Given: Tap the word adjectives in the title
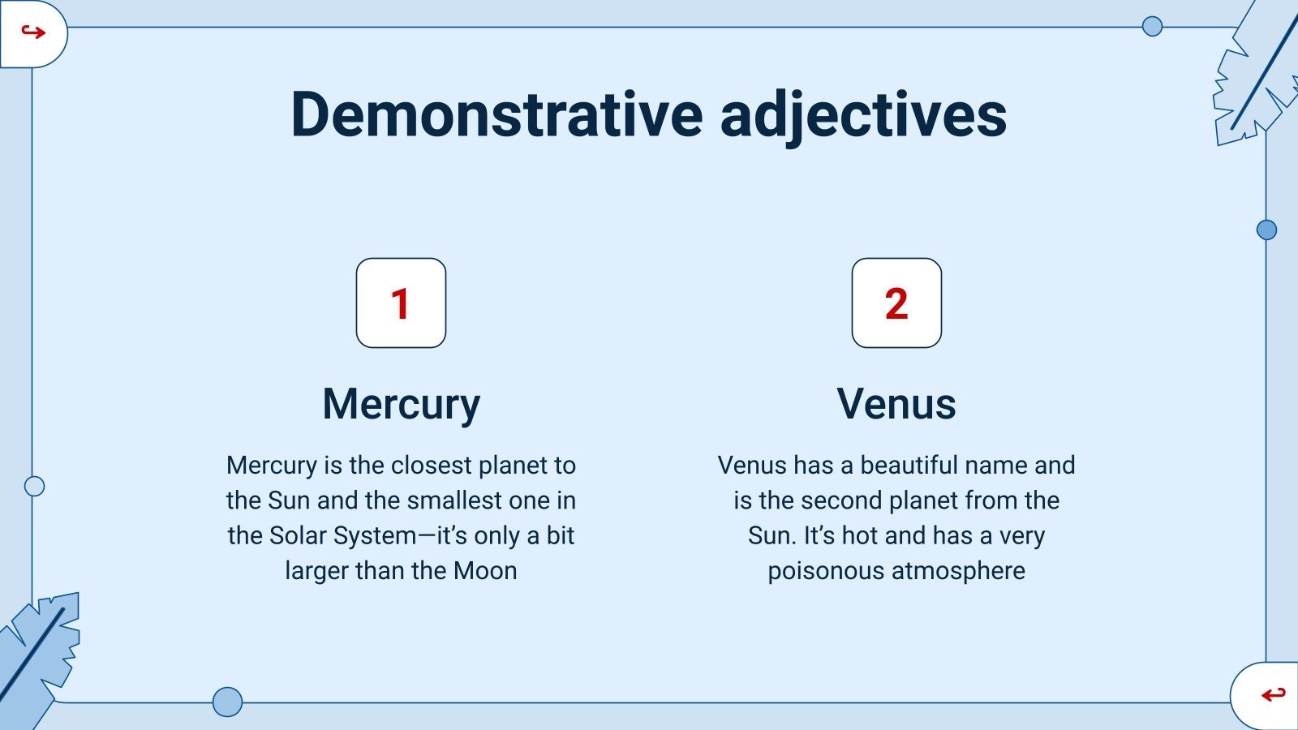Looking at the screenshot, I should [x=863, y=114].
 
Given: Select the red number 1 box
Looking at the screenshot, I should [x=401, y=303].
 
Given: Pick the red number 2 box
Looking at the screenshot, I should [x=896, y=303].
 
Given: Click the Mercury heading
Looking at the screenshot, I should [x=401, y=405].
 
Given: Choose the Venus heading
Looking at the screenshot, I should [x=896, y=403].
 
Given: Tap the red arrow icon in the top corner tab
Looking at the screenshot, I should [x=32, y=32].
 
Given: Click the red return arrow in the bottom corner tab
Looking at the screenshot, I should [x=1273, y=694].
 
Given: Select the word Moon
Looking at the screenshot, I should [x=485, y=571].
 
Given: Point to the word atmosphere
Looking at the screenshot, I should [x=958, y=571].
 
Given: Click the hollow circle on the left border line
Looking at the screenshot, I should [x=34, y=487].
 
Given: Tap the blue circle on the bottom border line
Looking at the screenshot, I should [x=227, y=702].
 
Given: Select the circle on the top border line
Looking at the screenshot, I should [x=1152, y=27].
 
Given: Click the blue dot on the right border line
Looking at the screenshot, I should [x=1266, y=230].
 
